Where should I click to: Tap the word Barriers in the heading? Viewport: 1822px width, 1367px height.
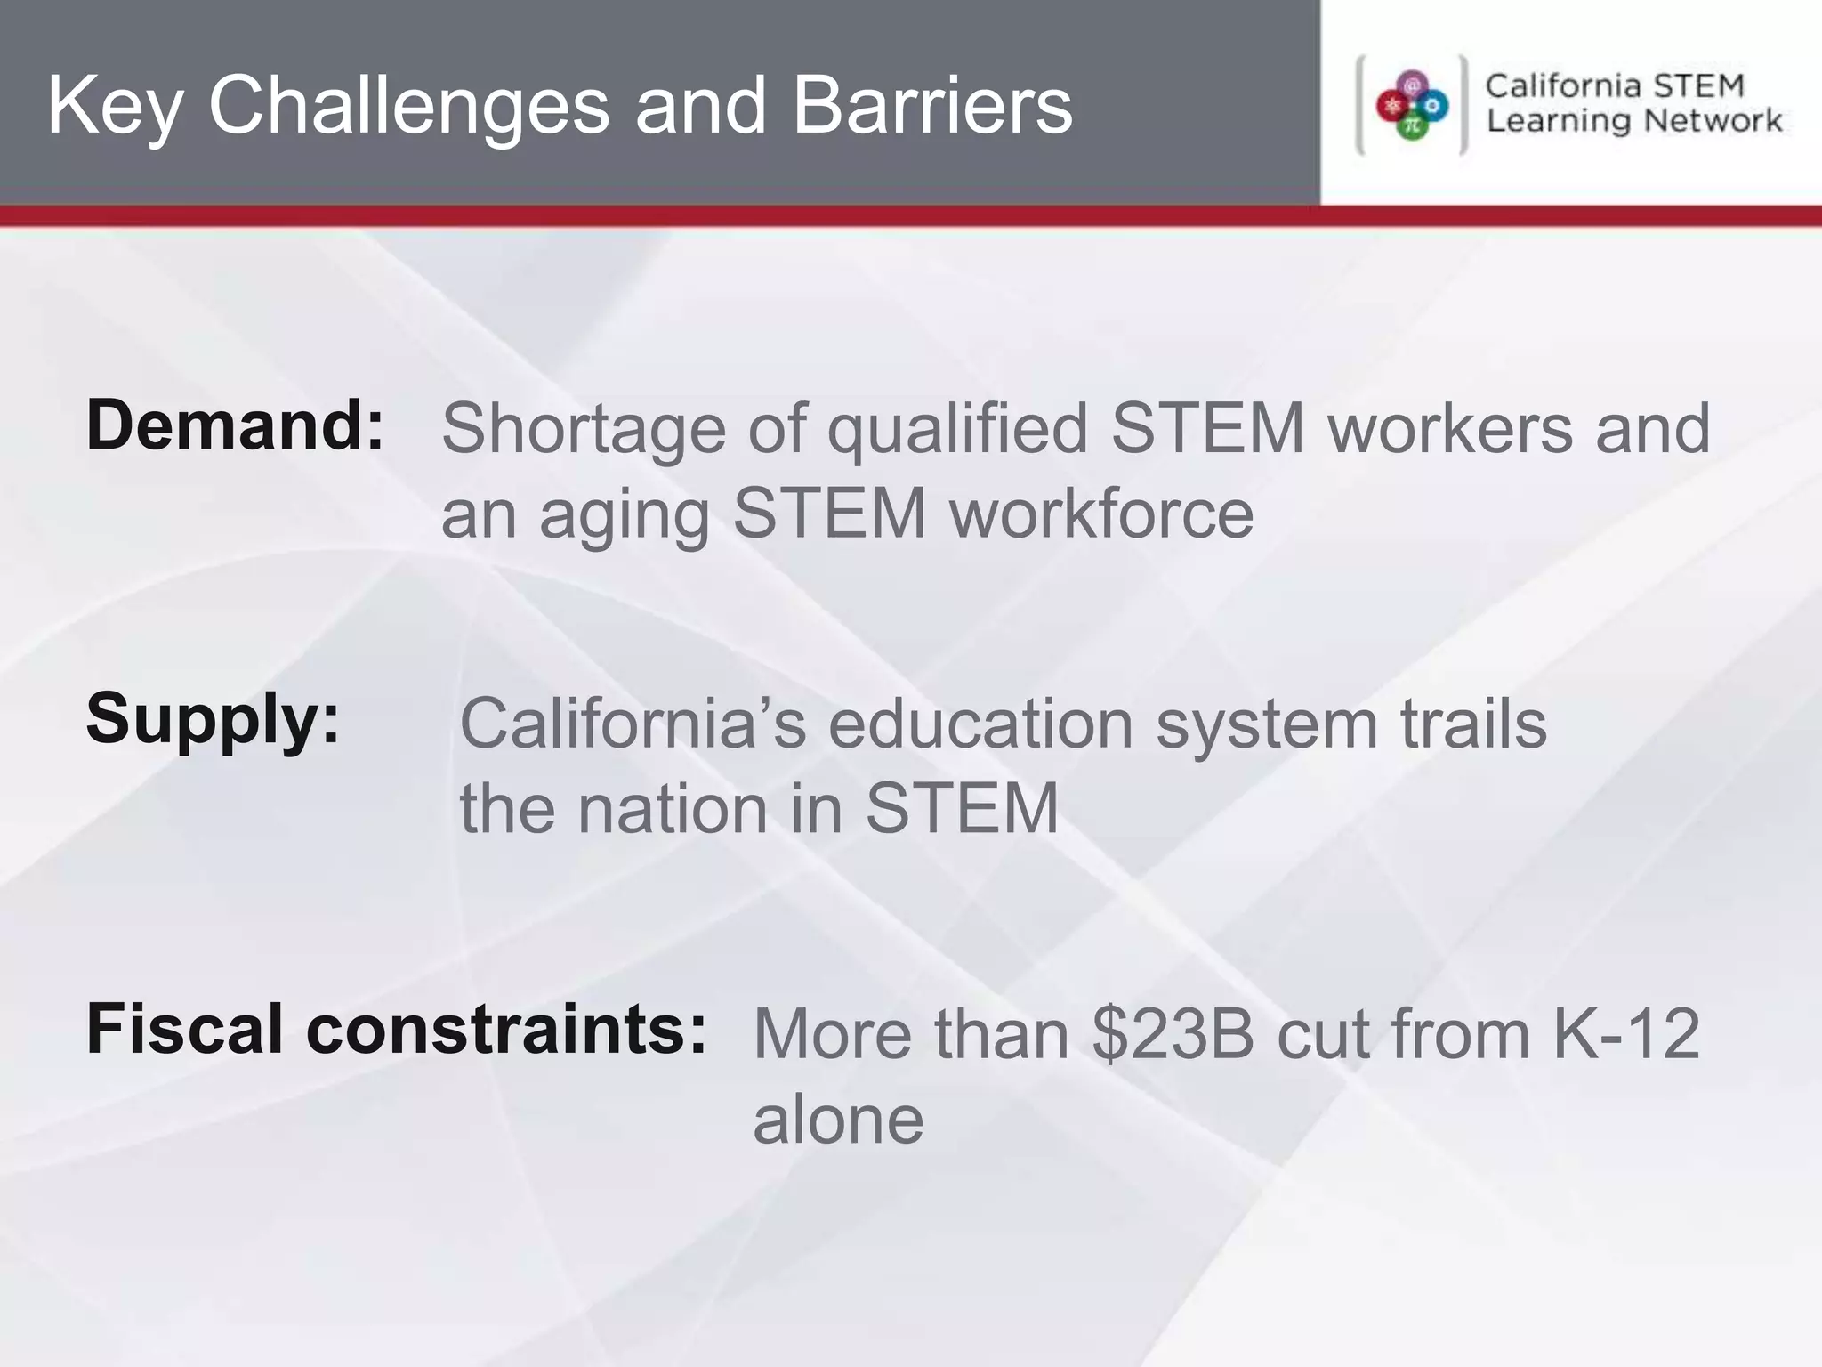click(x=931, y=107)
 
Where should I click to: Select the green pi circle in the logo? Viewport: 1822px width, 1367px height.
click(x=1412, y=126)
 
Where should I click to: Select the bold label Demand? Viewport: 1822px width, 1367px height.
click(x=235, y=425)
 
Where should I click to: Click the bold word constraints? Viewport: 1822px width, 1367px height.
click(x=506, y=1029)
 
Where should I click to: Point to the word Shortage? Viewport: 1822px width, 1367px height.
click(x=584, y=429)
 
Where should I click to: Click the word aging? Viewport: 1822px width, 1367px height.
click(x=624, y=516)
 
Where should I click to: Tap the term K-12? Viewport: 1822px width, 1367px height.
click(x=1626, y=1034)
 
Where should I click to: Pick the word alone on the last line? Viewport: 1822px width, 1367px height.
click(x=838, y=1120)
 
